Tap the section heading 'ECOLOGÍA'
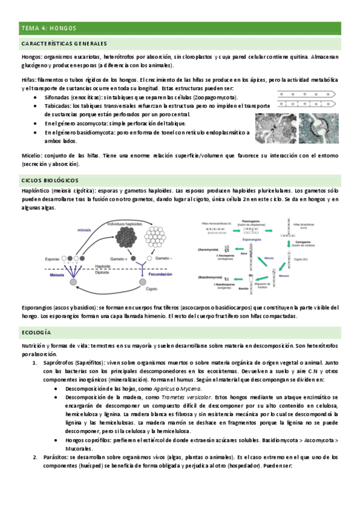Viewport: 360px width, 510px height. pos(35,332)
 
